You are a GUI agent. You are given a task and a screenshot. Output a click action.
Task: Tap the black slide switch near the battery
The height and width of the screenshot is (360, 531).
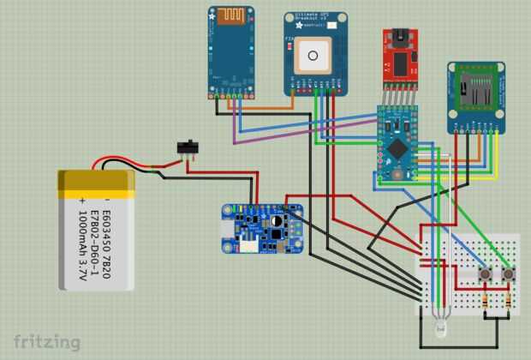tap(188, 147)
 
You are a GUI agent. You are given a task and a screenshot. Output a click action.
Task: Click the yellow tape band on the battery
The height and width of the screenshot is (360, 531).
tap(97, 179)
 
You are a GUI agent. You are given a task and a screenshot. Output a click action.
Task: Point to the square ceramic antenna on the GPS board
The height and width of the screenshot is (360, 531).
tap(313, 58)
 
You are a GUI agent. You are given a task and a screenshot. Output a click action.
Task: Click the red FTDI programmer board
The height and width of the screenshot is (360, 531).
tap(399, 58)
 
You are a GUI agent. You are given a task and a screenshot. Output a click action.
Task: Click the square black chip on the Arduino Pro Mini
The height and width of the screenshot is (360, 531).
tap(397, 147)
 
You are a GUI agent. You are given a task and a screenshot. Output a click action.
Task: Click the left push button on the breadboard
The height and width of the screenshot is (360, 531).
tap(486, 274)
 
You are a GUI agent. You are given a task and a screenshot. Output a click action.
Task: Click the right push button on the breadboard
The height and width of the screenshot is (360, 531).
tap(509, 274)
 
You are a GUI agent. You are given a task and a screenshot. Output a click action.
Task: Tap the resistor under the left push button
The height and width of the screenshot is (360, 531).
tap(486, 300)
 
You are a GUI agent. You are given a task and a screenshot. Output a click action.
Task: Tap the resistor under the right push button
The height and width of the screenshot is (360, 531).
tap(509, 300)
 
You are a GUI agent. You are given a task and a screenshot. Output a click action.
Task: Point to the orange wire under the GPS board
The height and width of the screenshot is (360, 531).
tap(265, 109)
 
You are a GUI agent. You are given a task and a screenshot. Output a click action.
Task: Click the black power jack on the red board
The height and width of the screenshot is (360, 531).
tap(399, 38)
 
